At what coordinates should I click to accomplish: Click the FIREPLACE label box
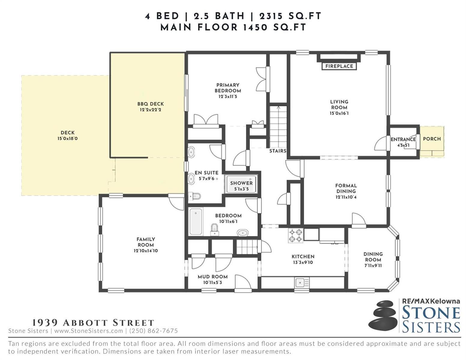tap(339, 66)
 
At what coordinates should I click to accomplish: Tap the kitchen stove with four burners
tap(296, 235)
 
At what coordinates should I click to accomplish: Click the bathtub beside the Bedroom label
tap(196, 221)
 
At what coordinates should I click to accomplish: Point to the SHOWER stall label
tap(241, 183)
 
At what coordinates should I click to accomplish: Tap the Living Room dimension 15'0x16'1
tap(339, 113)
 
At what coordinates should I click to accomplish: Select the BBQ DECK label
tap(151, 104)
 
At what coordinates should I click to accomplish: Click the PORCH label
tap(432, 139)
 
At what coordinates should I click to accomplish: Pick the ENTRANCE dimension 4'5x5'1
tap(403, 145)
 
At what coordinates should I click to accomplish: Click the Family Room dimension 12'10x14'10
tap(146, 250)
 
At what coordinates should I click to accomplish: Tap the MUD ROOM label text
tap(212, 277)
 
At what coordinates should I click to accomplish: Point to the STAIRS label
tap(278, 151)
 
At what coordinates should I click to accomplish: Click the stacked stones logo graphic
tap(383, 317)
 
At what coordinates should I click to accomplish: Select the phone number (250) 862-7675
tap(154, 331)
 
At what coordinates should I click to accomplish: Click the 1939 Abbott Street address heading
tap(93, 322)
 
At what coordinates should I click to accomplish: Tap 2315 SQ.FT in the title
tap(290, 16)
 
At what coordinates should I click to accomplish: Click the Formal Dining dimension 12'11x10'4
tap(346, 197)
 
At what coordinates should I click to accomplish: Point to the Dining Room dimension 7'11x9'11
tap(373, 265)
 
